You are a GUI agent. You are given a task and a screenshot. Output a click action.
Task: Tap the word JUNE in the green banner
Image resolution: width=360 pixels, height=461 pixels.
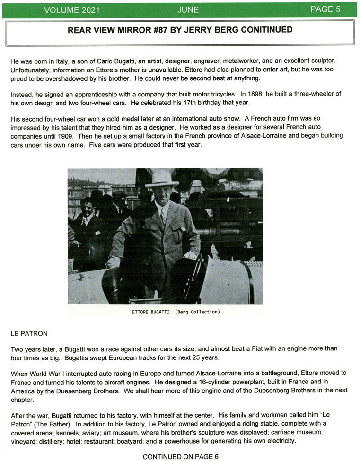coord(188,9)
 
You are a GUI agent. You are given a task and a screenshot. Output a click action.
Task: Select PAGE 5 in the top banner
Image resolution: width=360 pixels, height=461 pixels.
coord(325,9)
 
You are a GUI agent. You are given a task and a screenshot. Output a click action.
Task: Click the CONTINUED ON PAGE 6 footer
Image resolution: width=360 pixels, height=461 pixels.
coord(180,456)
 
